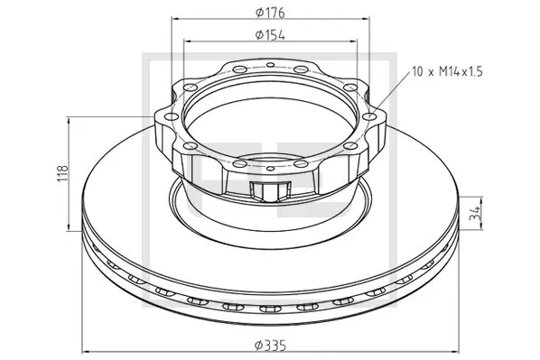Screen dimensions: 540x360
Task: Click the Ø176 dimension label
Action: [x=270, y=13]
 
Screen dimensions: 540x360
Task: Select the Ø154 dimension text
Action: [x=270, y=35]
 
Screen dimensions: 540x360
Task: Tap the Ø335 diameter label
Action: [x=270, y=345]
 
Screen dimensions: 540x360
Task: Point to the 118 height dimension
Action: [x=64, y=174]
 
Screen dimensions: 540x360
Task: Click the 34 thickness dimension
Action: [x=475, y=213]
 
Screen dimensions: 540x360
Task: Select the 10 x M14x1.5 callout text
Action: [x=447, y=72]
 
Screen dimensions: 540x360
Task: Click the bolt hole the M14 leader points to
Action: [x=369, y=116]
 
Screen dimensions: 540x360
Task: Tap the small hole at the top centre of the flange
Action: [x=271, y=64]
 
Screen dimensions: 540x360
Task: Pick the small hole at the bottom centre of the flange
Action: [x=271, y=169]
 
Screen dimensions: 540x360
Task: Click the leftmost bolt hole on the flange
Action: [x=172, y=117]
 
